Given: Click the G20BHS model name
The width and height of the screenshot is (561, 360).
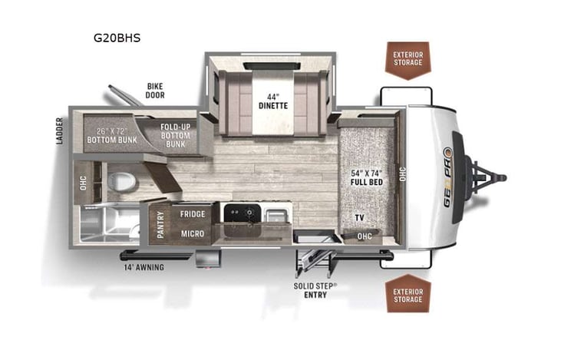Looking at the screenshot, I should [117, 36].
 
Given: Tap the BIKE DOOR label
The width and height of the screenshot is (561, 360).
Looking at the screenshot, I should [155, 91].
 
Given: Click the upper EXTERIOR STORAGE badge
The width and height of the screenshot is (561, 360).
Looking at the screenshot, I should [408, 59].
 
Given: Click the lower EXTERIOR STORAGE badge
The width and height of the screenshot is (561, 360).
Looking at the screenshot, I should [408, 295].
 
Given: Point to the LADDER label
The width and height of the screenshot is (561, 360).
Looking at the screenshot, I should [58, 131].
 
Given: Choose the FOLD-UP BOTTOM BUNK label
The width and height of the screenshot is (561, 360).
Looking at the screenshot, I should [175, 135].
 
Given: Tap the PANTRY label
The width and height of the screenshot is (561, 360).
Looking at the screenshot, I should [161, 226].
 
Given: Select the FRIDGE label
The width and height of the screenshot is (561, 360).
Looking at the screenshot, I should [192, 213].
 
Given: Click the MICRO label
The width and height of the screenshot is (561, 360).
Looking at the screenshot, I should [192, 233].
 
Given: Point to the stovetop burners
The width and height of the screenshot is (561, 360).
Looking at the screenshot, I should [241, 213].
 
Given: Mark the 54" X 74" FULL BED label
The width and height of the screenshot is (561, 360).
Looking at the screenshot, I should [366, 176].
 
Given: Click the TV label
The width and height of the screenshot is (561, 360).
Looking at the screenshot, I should [358, 218].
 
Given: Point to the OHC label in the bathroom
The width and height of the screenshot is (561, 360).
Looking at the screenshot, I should [82, 183].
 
